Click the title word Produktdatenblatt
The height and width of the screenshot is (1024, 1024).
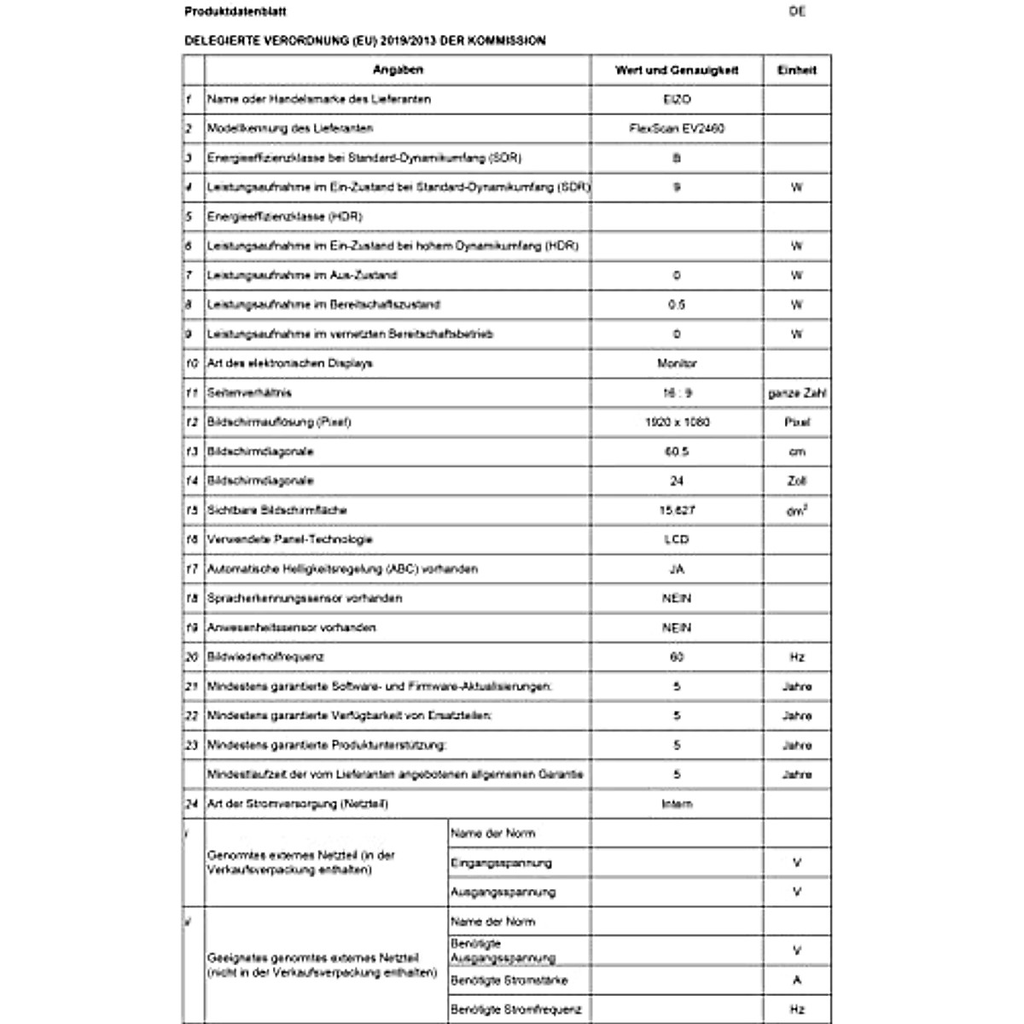[x=224, y=12]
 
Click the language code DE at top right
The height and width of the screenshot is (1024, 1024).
[x=797, y=12]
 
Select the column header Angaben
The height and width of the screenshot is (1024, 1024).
[x=398, y=70]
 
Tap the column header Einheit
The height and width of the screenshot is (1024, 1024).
[x=796, y=71]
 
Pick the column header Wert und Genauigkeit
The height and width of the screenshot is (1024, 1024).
[x=677, y=71]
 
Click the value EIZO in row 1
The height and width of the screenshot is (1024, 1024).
[x=677, y=100]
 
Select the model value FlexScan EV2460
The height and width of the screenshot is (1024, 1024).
[x=677, y=129]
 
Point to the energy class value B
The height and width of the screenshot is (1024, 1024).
[x=677, y=158]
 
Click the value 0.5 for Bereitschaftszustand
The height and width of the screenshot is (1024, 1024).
[x=677, y=305]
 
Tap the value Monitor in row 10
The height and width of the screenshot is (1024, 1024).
[x=677, y=364]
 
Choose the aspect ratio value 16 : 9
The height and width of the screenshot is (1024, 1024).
[x=677, y=393]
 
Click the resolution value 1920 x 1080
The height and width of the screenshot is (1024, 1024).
[x=677, y=422]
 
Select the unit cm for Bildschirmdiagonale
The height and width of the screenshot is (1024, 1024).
[x=797, y=452]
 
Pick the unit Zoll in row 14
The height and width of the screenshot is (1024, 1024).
[x=797, y=481]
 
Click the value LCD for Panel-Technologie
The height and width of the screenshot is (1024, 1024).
[x=677, y=540]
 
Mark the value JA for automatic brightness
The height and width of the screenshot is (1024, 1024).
[x=677, y=569]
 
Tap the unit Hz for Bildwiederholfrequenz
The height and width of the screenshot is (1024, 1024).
[x=797, y=658]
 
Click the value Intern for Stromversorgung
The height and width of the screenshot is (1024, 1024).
[x=677, y=805]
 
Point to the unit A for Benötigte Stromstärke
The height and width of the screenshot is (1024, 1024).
[x=797, y=980]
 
